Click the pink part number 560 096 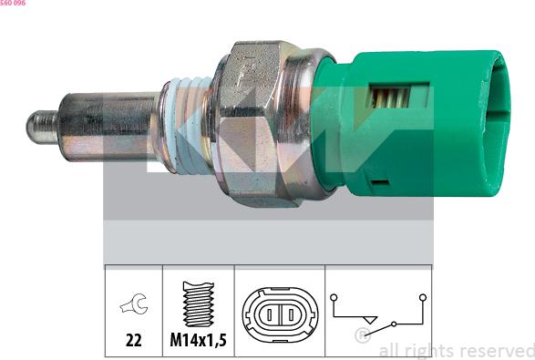pos(13,3)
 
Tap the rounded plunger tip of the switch pos(42,128)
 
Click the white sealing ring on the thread pos(190,125)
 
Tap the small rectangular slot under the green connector pos(380,182)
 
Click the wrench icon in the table pos(134,303)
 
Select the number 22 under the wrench pos(133,340)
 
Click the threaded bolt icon pos(199,303)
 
